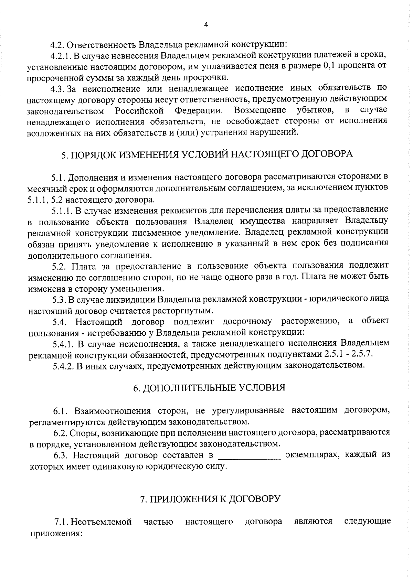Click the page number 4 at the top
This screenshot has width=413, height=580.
[x=206, y=24]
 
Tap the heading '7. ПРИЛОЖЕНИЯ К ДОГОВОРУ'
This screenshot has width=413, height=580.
[x=210, y=498]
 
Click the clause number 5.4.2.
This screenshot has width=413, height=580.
[x=64, y=365]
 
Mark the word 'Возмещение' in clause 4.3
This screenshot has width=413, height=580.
[x=260, y=110]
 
